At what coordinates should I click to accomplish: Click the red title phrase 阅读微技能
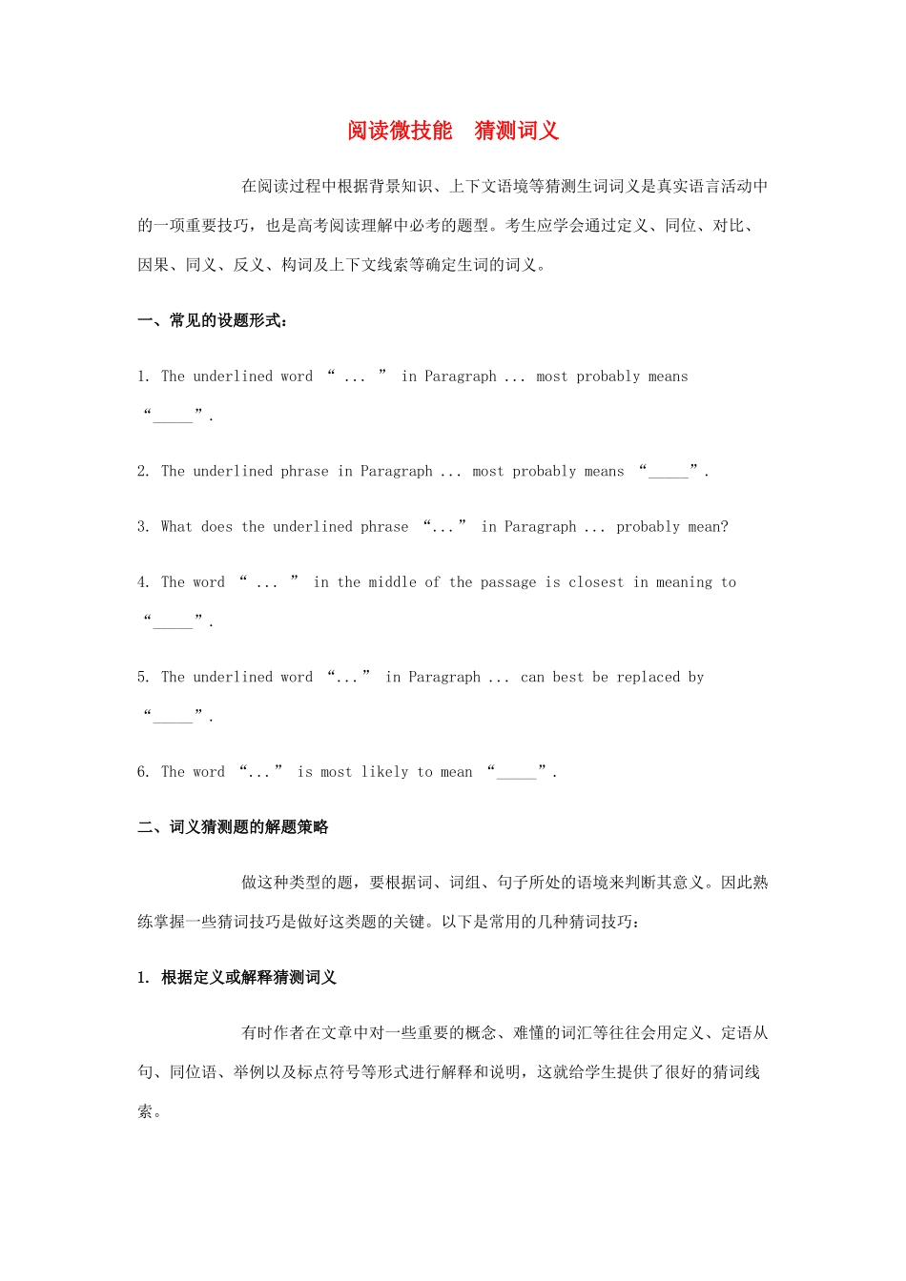tap(400, 131)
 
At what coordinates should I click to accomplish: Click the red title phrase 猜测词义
tap(516, 131)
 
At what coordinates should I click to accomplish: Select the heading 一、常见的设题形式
tap(213, 321)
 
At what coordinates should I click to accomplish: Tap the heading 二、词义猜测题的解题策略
tap(233, 827)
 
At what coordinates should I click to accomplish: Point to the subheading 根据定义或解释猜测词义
tap(249, 978)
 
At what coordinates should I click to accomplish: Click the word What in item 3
tap(176, 527)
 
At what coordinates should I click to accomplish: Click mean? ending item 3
tap(708, 527)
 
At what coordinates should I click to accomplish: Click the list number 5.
tap(143, 678)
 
